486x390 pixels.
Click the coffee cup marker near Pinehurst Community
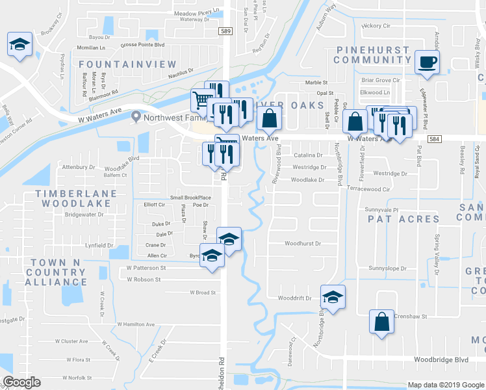coord(427,62)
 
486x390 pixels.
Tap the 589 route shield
coord(225,31)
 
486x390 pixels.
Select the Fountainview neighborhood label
coord(128,64)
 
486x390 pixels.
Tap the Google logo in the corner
coord(21,382)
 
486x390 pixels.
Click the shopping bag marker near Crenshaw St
coord(381,321)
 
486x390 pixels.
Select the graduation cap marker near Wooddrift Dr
coord(332,297)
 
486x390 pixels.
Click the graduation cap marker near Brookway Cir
coord(19,45)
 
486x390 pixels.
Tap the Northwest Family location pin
coord(135,117)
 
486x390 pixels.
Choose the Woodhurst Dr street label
coord(303,244)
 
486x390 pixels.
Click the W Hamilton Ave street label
coord(136,324)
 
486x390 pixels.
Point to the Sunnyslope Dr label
coord(387,268)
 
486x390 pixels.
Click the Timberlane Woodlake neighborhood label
coord(76,198)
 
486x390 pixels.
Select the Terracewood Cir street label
coord(368,189)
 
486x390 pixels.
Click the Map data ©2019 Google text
coord(444,385)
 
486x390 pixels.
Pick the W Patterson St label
coord(146,267)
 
